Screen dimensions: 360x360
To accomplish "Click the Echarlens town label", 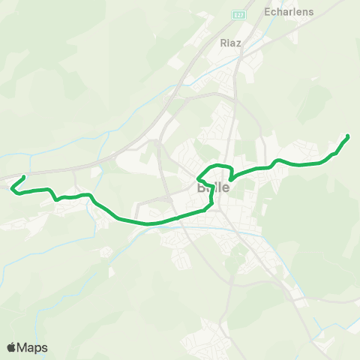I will [289, 12].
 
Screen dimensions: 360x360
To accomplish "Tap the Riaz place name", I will [230, 43].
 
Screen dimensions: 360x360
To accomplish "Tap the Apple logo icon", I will [11, 347].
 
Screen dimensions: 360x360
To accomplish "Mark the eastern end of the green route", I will [347, 136].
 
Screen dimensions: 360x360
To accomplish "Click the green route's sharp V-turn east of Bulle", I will [230, 178].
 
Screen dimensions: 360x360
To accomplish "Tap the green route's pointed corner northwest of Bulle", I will [197, 178].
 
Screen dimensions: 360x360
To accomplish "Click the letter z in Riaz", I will [238, 43].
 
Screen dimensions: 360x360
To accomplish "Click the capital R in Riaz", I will [223, 43].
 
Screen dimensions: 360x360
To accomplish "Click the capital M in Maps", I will [22, 347].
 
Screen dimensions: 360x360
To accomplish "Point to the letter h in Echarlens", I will [280, 12].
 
